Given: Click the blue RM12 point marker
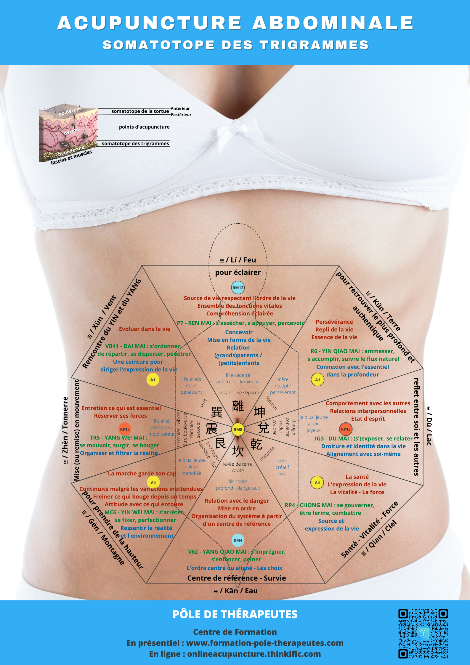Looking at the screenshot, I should click(x=238, y=288).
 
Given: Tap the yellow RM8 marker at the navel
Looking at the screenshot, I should click(x=238, y=430).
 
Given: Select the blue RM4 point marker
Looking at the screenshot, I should click(x=238, y=540).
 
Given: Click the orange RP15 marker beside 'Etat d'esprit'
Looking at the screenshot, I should click(x=346, y=429).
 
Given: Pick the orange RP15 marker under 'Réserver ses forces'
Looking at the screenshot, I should click(x=125, y=429).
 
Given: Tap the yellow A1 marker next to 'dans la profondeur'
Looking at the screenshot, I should click(x=317, y=380).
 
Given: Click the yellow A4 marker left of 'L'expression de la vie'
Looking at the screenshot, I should click(x=317, y=483).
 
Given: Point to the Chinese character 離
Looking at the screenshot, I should click(x=238, y=406).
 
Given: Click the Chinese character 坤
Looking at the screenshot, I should click(x=259, y=412).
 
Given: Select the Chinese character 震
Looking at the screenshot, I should click(x=212, y=429).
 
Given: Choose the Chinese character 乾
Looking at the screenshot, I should click(x=256, y=444).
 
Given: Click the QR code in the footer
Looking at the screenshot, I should click(x=423, y=634).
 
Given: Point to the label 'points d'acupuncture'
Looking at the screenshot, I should click(x=144, y=127).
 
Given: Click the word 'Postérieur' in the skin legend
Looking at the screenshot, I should click(x=181, y=115).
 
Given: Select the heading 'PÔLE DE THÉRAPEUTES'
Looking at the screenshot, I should click(x=235, y=615).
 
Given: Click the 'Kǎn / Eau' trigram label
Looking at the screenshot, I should click(x=236, y=591).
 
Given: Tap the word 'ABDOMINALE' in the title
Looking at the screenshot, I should click(x=333, y=23).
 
